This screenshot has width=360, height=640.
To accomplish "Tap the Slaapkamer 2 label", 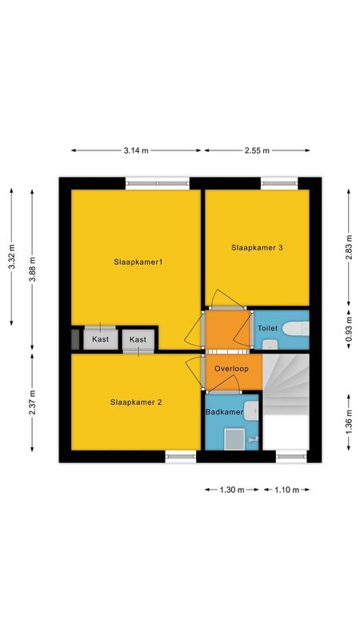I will [136, 402].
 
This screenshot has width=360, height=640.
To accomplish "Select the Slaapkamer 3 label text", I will [257, 248].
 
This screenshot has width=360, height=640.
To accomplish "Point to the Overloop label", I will [232, 369].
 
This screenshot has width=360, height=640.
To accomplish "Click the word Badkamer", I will [224, 412].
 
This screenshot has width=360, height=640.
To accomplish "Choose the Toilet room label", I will [267, 328].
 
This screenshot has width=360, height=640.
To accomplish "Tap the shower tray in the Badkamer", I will [235, 439].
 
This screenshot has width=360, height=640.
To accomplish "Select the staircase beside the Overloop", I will [286, 384].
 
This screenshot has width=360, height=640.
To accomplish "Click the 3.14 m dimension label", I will [136, 150].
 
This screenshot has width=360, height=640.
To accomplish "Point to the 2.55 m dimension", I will [256, 150].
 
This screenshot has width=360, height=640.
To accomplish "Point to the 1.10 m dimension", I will [286, 490].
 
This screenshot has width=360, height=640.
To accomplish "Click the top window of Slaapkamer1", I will [158, 183].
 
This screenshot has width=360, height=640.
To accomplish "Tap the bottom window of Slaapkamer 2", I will [181, 457].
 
